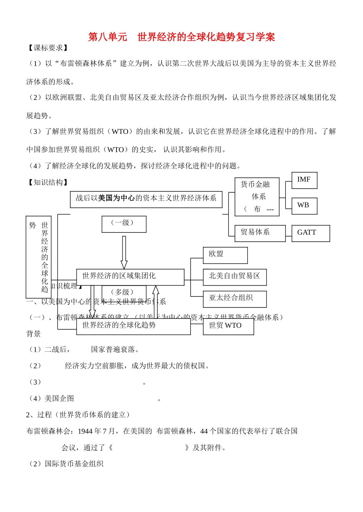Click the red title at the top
181,37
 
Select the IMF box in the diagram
304,180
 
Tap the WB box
304,206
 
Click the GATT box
310,233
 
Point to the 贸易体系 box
260,233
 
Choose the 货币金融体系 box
257,197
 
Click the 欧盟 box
225,255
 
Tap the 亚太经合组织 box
234,299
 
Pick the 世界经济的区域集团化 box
130,277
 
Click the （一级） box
124,224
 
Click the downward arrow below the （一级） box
124,252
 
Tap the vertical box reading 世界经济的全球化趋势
38,257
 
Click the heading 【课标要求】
48,48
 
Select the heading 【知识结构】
48,183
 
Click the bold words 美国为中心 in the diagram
116,198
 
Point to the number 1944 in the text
85,431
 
